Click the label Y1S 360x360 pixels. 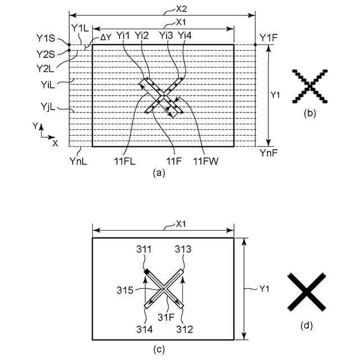click(45, 38)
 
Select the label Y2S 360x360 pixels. click(45, 54)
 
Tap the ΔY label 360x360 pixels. click(105, 37)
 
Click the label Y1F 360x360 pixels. click(268, 38)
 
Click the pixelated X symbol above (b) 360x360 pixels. click(309, 85)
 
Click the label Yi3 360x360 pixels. click(166, 35)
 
